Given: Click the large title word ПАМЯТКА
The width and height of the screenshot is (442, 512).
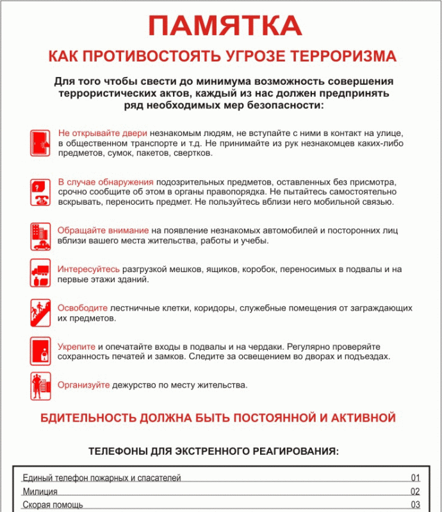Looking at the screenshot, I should click(x=225, y=26).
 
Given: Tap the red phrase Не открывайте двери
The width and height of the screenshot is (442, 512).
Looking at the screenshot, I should click(x=102, y=134).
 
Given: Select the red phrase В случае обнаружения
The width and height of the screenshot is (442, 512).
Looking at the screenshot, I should click(x=106, y=182).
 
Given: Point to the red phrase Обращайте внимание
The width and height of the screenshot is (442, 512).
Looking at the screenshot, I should click(x=103, y=230).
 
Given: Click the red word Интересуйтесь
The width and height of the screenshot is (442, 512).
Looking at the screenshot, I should click(x=88, y=269).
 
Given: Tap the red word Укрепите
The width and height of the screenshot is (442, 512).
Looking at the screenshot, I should click(x=77, y=346).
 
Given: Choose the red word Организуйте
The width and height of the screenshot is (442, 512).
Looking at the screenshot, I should click(x=84, y=386).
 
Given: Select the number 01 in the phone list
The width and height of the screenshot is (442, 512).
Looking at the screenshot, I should click(x=415, y=478).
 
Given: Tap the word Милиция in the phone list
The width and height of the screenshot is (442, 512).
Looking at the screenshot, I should click(x=40, y=491).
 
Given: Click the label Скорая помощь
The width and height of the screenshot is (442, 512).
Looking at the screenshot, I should click(x=53, y=505).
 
